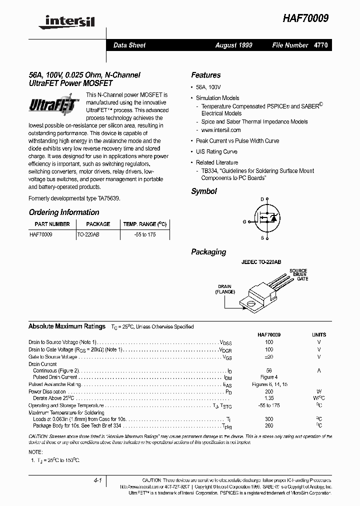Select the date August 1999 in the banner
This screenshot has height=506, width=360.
click(x=233, y=45)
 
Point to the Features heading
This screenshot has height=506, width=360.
click(x=205, y=75)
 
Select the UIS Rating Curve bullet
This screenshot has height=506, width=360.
click(x=216, y=151)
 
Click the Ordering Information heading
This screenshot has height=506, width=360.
click(x=63, y=212)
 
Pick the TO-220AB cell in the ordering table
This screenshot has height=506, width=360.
click(x=88, y=234)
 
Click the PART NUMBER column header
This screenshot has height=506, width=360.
click(x=52, y=224)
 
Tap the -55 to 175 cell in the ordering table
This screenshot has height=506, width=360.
click(x=144, y=234)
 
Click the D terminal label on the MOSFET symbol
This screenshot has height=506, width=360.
click(x=261, y=199)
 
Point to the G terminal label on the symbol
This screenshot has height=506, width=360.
click(x=244, y=221)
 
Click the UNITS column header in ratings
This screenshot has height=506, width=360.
click(x=318, y=334)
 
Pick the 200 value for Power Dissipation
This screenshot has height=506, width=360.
click(x=269, y=391)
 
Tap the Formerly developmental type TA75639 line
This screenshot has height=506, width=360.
click(x=74, y=198)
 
